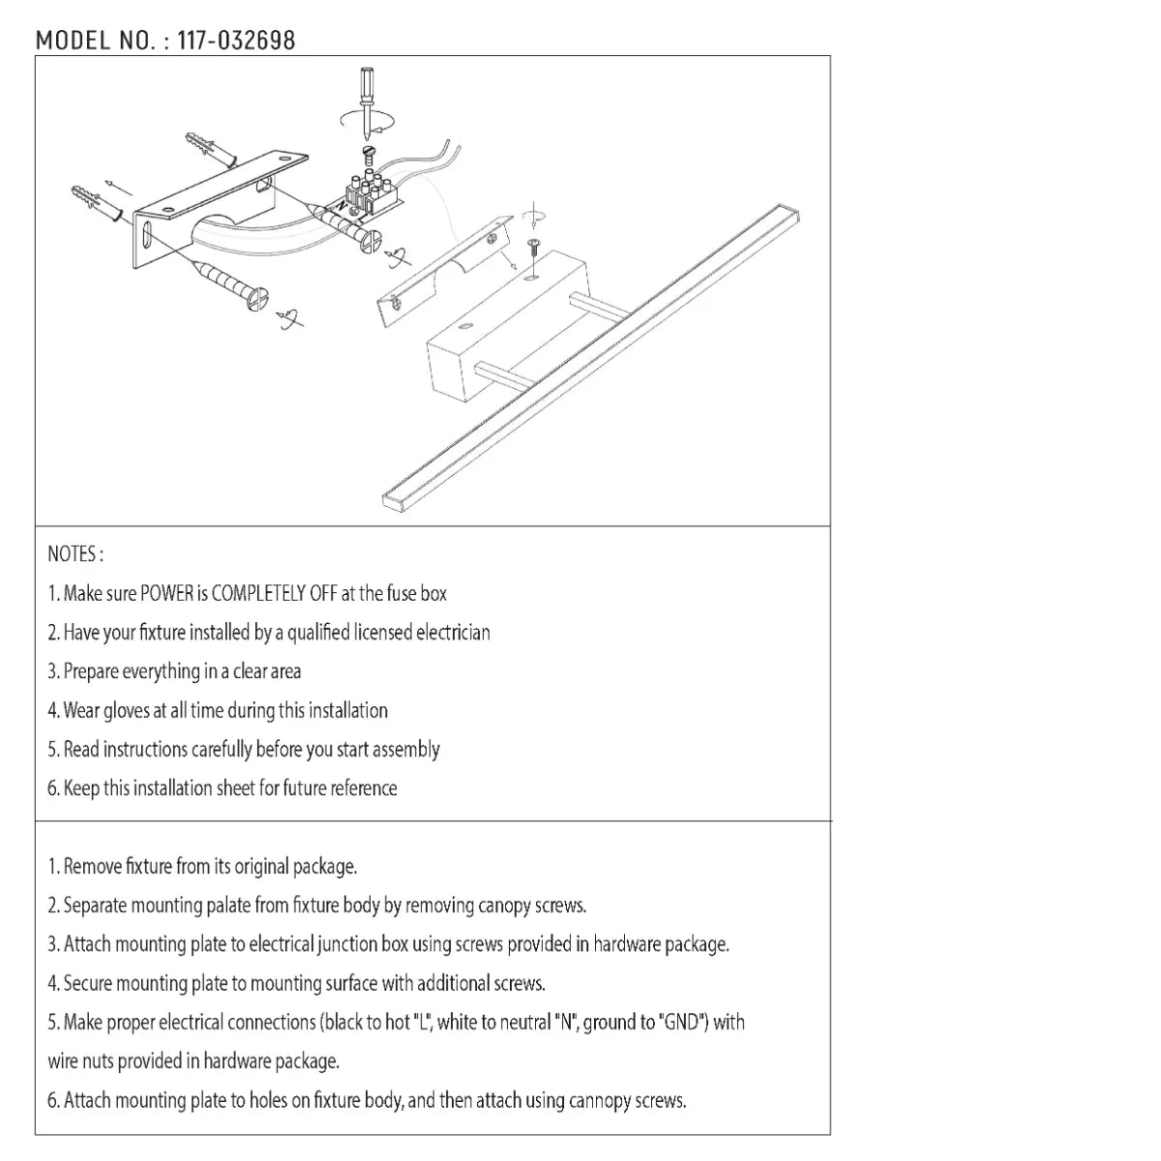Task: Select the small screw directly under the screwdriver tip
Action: coord(366,152)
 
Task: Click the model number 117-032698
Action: coord(236,41)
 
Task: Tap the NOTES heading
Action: coord(74,554)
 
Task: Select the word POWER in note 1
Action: coord(166,594)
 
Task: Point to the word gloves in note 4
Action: coord(125,711)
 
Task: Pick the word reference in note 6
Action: coord(364,789)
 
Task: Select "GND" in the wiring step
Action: coord(681,1023)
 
